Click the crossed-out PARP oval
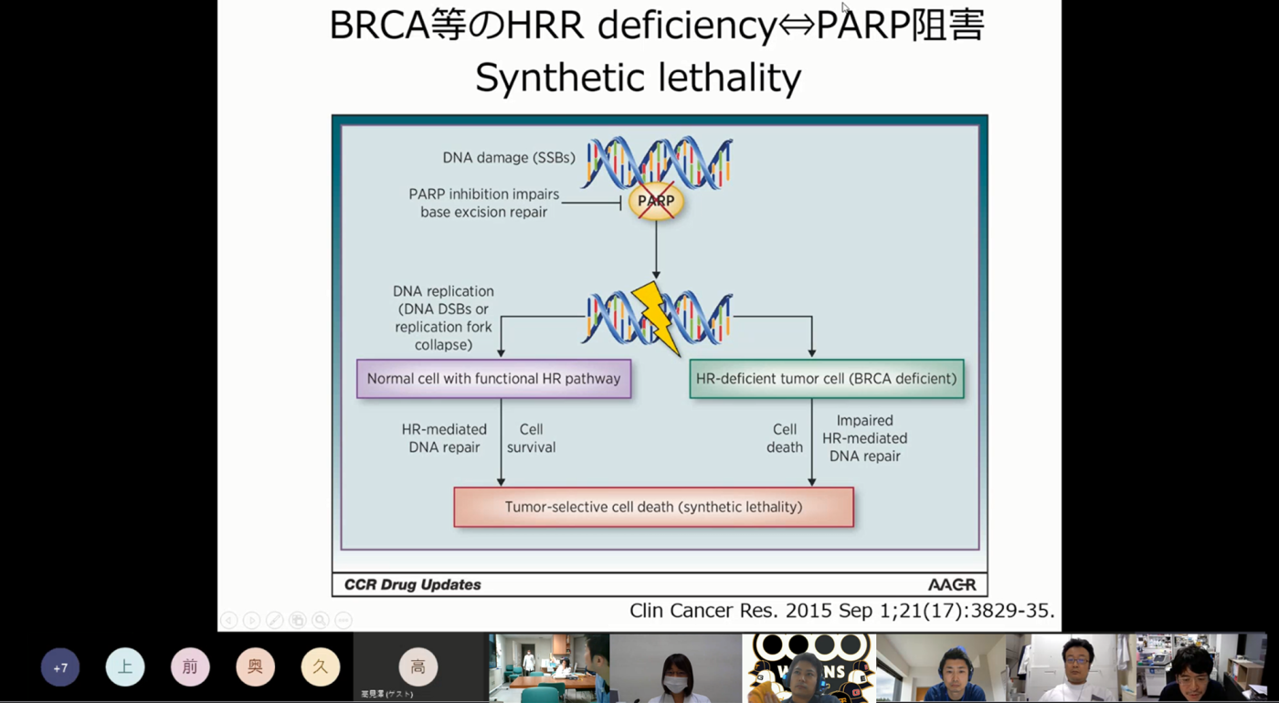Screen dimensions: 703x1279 (x=656, y=201)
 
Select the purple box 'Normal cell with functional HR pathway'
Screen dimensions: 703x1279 (x=493, y=379)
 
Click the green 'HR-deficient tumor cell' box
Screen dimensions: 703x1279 (x=826, y=379)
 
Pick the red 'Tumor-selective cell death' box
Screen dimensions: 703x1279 (x=653, y=507)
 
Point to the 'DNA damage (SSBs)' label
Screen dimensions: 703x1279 (x=509, y=158)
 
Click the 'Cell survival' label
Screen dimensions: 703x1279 (x=531, y=438)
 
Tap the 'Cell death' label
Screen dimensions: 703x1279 (x=785, y=438)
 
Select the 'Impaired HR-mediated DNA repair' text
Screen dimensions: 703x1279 (x=864, y=438)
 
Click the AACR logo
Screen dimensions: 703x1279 (x=951, y=584)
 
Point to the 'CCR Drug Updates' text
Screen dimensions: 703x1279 (x=412, y=584)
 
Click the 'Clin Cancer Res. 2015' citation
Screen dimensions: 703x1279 (x=841, y=611)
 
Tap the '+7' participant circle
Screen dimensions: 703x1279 (x=60, y=667)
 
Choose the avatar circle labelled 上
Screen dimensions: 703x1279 (x=125, y=667)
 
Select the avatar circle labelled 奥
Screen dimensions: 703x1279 (x=255, y=667)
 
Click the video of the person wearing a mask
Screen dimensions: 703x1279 (x=675, y=668)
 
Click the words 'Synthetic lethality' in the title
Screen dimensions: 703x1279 (x=638, y=78)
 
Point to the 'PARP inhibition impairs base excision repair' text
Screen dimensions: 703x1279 (x=483, y=203)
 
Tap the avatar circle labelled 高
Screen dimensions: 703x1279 (x=418, y=667)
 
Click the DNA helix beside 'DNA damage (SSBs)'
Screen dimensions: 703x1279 (x=658, y=162)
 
